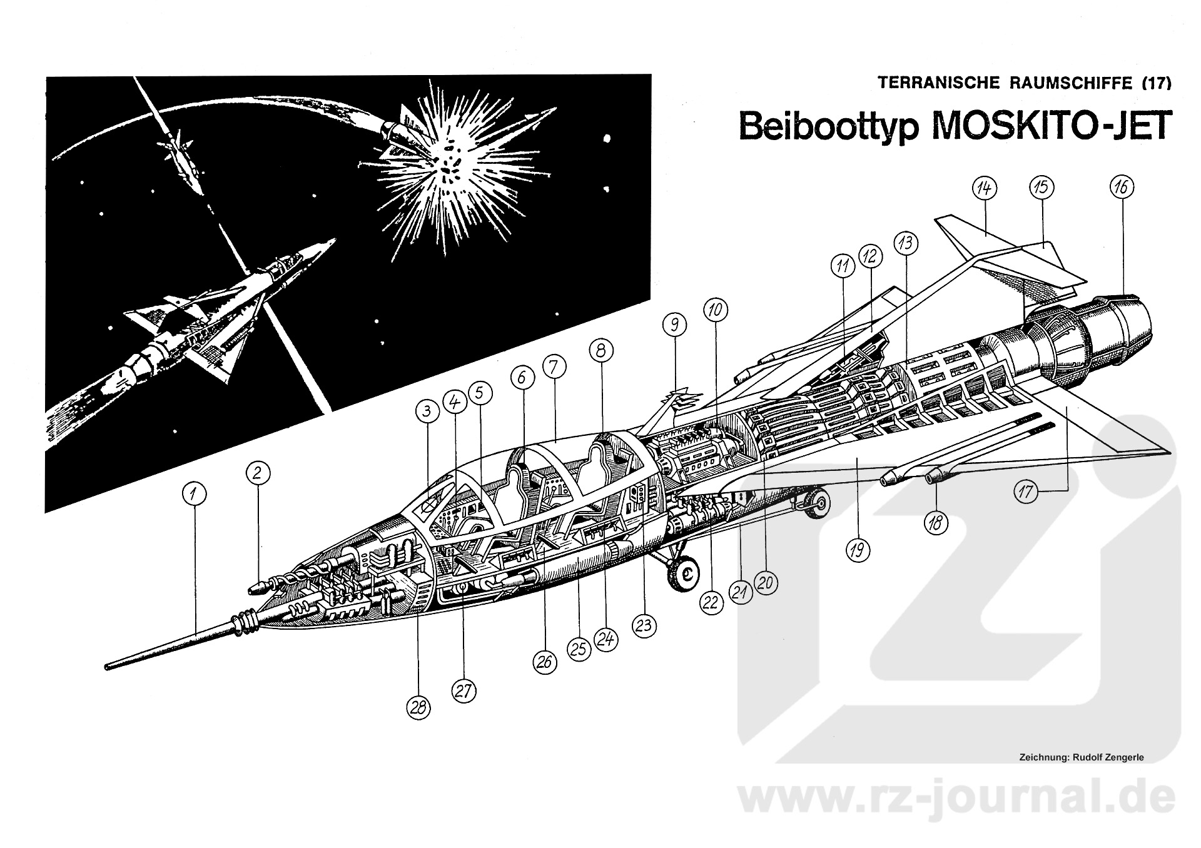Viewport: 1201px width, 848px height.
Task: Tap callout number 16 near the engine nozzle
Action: click(x=1121, y=186)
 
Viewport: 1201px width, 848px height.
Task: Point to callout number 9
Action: click(x=675, y=324)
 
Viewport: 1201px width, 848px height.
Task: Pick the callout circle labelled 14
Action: click(x=985, y=188)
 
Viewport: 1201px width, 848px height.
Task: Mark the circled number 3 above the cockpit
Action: click(x=427, y=411)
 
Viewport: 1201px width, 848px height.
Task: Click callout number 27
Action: click(x=464, y=690)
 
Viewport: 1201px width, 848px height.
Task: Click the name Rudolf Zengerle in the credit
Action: click(x=1105, y=757)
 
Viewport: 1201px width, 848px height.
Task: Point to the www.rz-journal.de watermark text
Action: click(x=956, y=802)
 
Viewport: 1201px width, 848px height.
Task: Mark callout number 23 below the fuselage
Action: click(x=645, y=625)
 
